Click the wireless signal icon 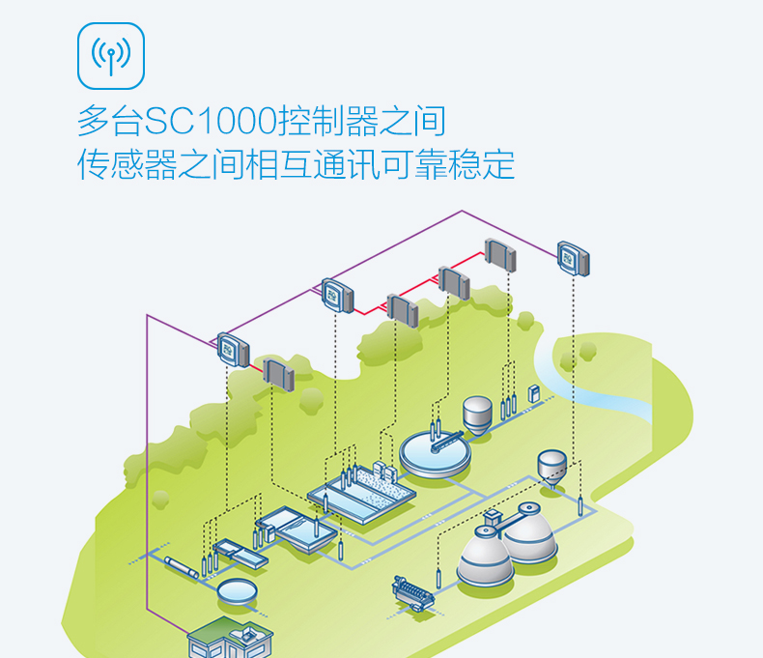110,54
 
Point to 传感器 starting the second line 127,164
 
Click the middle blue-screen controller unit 335,293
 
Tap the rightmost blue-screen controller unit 573,257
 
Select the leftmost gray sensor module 276,374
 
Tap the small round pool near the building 236,589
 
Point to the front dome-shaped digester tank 485,558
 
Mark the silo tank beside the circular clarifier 476,413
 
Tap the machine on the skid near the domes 412,591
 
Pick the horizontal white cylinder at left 183,566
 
